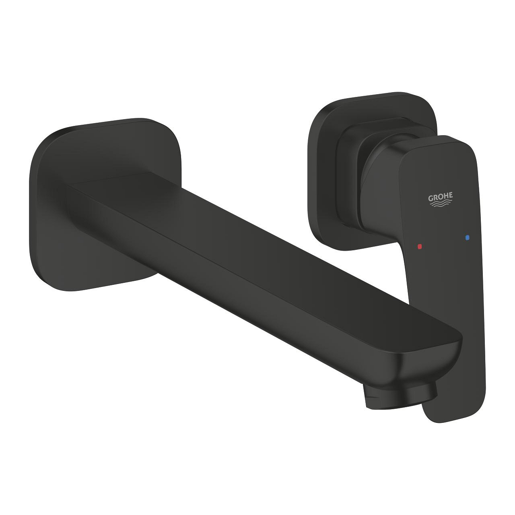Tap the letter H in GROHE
(x=447, y=196)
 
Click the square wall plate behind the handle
(x=322, y=161)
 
